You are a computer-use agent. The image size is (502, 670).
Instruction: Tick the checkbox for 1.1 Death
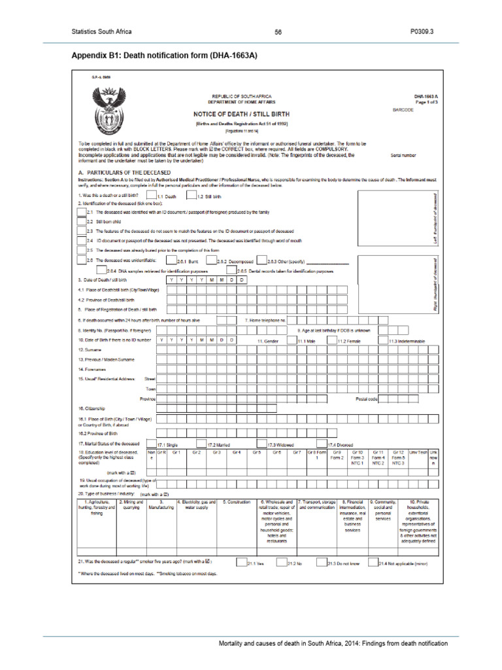[x=151, y=195]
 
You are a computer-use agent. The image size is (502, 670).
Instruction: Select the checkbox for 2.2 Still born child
[x=81, y=222]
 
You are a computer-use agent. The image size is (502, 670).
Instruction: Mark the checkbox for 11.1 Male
[x=292, y=340]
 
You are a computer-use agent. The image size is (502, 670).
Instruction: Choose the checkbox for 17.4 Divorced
[x=322, y=444]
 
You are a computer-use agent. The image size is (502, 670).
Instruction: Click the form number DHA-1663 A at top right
[x=426, y=96]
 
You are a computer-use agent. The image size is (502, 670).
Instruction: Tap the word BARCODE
[x=403, y=110]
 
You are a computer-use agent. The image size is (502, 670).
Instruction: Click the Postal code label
[x=367, y=398]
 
